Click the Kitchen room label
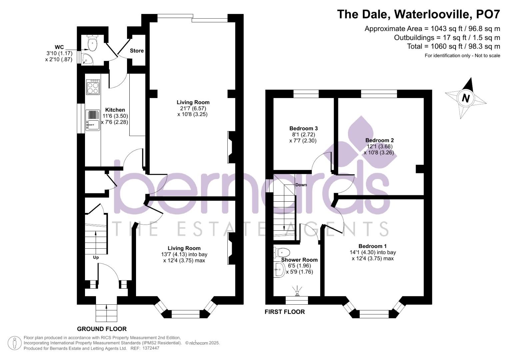tap(115, 110)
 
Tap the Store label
tap(137, 51)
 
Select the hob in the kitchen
tap(93, 87)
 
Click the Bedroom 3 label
tap(303, 128)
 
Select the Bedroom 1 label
tap(373, 246)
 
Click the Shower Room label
tap(299, 260)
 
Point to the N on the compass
tap(466, 98)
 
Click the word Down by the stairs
tap(301, 185)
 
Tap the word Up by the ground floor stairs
tap(96, 257)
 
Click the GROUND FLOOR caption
tap(102, 329)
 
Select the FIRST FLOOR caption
tap(285, 312)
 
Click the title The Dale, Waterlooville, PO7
tap(418, 14)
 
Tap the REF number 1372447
tap(150, 348)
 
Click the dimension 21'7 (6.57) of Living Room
tap(193, 108)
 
